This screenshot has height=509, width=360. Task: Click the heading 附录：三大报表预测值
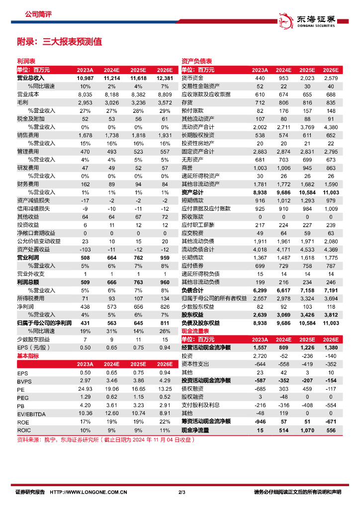60,42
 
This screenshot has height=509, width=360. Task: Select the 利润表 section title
23,61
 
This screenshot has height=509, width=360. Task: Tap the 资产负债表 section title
193,61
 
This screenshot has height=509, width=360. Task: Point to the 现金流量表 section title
193,331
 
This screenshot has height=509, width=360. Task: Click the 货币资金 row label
192,78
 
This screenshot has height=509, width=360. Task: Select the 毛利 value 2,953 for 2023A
85,102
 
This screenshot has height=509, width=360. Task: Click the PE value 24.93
85,389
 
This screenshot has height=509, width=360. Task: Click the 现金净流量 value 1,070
307,429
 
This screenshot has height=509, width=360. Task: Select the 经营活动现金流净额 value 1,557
260,347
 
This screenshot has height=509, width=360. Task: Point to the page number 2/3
181,492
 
